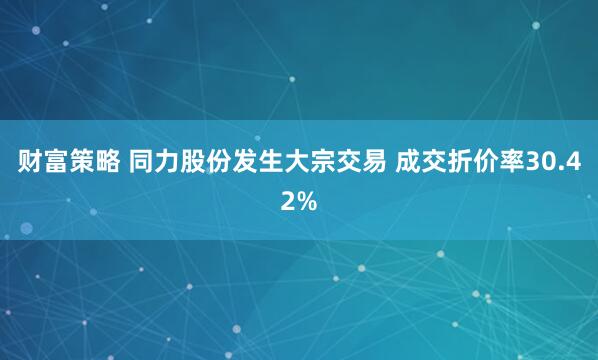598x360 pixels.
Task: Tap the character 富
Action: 57,162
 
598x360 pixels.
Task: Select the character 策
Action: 83,162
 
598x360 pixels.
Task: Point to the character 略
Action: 109,162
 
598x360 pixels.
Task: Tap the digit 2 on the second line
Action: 289,200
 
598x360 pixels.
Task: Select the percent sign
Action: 306,200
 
